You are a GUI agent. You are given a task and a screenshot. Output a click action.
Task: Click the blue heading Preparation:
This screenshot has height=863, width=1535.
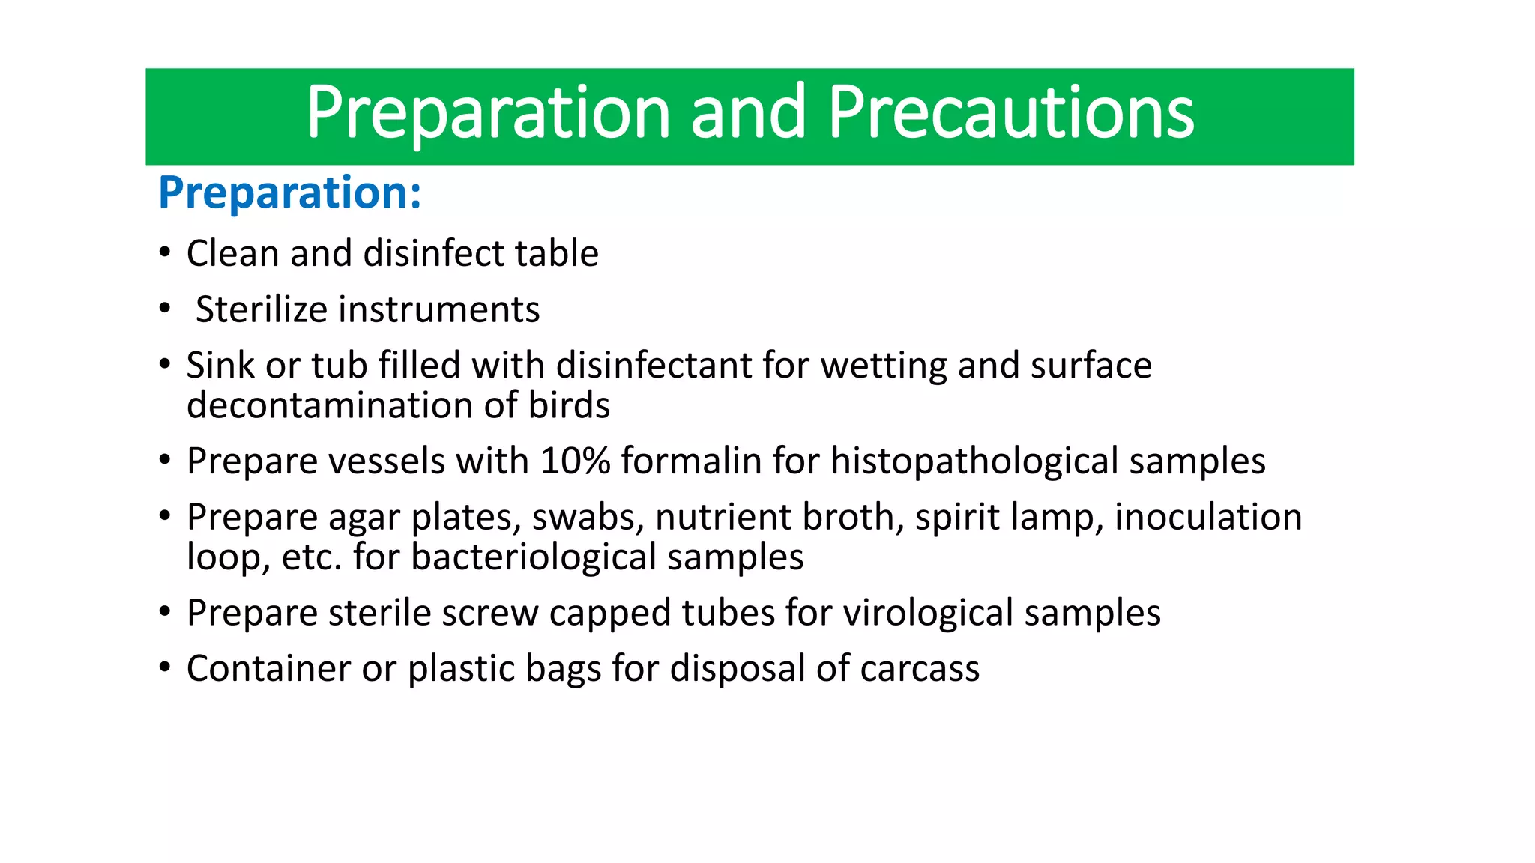(x=290, y=193)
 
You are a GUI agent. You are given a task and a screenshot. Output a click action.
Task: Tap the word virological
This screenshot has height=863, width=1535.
(x=928, y=614)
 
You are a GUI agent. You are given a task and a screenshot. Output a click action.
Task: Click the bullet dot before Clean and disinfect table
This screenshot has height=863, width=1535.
(x=165, y=252)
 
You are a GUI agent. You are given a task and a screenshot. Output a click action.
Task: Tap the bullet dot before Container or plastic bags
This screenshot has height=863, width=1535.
(x=165, y=667)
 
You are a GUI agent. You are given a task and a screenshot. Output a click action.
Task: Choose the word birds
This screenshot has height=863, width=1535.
(x=569, y=405)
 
